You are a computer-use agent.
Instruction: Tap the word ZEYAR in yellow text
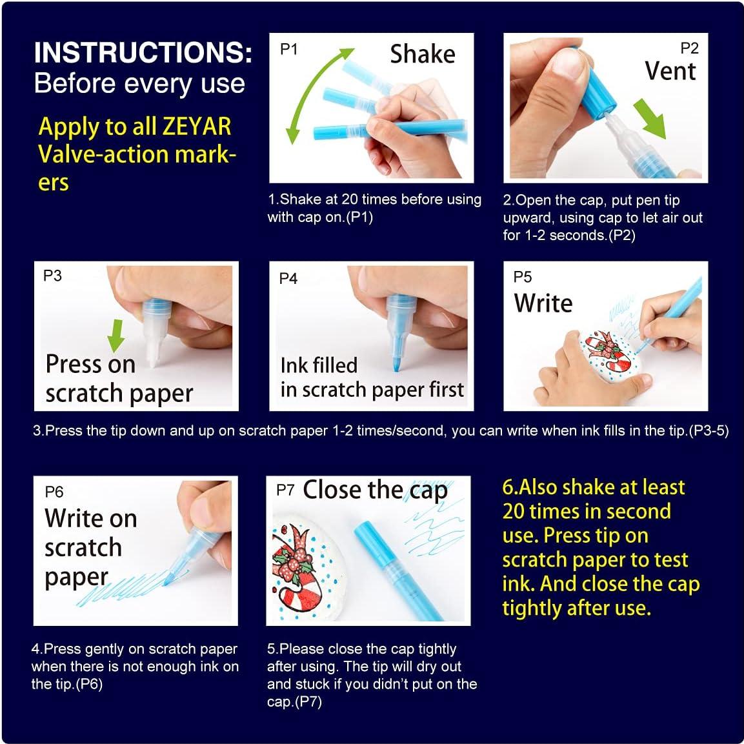click(197, 126)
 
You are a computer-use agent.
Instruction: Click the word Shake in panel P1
click(422, 54)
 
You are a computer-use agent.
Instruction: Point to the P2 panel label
click(689, 48)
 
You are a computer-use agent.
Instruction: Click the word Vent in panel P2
click(670, 71)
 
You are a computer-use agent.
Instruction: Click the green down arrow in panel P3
click(116, 336)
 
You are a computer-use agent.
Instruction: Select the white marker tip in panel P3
click(154, 350)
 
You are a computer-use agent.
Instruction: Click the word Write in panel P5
click(543, 303)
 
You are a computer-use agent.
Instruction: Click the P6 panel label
click(54, 492)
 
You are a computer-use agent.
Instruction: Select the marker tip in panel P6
click(169, 578)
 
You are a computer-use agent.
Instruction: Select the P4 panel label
click(288, 279)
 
